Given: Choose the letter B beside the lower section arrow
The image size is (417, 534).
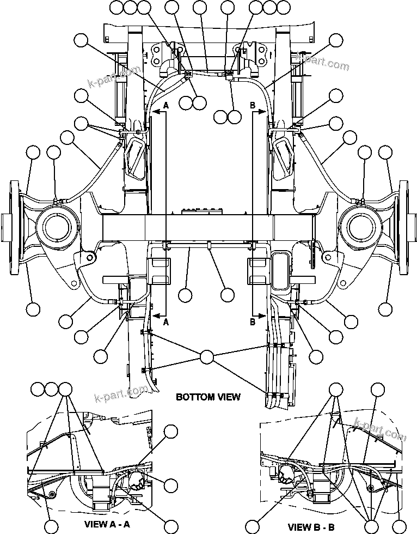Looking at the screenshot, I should click(253, 323).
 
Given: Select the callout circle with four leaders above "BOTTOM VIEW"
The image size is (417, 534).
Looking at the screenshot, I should click(207, 357).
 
